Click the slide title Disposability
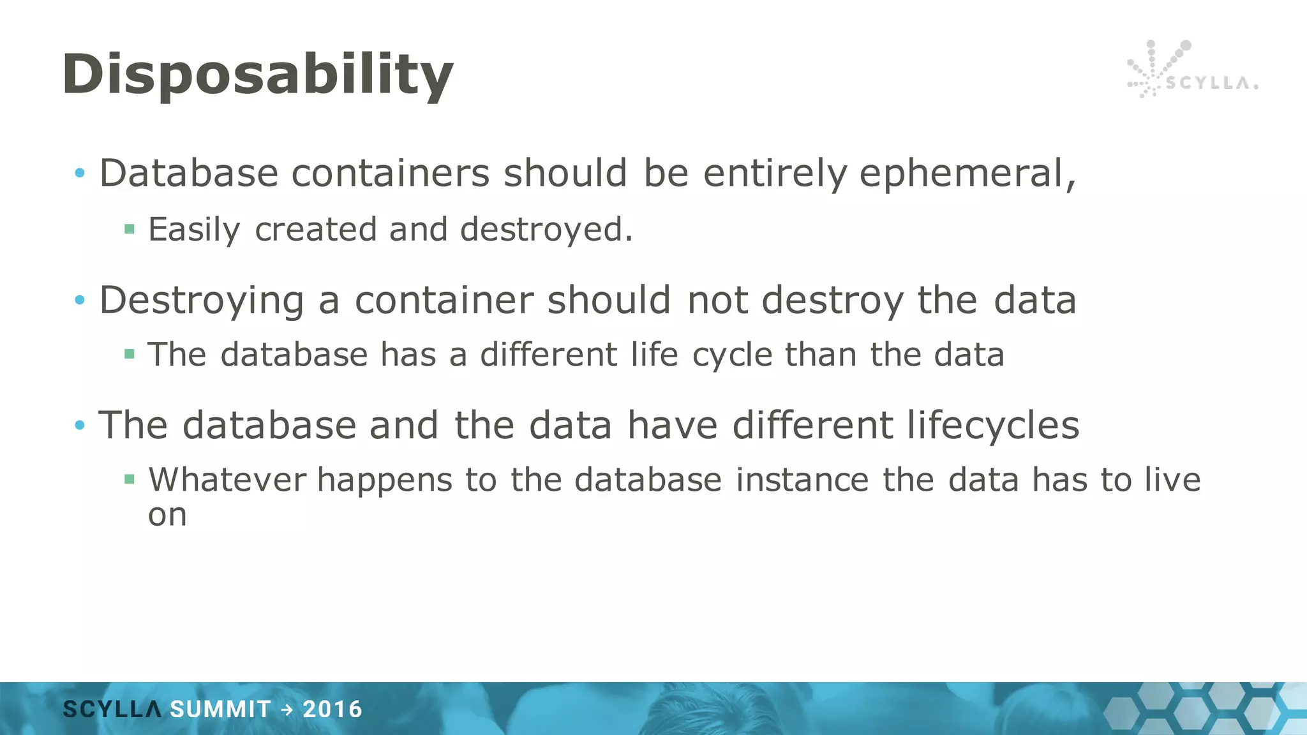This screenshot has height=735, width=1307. click(x=257, y=75)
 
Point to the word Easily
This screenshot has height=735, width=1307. click(x=194, y=230)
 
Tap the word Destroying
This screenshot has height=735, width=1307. click(x=201, y=301)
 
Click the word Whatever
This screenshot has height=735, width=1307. click(x=227, y=480)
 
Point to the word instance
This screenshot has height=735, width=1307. click(x=802, y=480)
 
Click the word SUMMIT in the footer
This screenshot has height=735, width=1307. click(x=220, y=709)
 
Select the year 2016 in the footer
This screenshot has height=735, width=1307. click(x=332, y=709)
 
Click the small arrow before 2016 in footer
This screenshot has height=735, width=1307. click(x=287, y=709)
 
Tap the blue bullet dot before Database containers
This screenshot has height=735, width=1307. click(x=80, y=173)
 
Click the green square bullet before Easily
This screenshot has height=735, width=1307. click(x=130, y=229)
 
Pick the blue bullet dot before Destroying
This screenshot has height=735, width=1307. click(x=80, y=300)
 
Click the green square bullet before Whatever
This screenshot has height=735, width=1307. click(x=130, y=479)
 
